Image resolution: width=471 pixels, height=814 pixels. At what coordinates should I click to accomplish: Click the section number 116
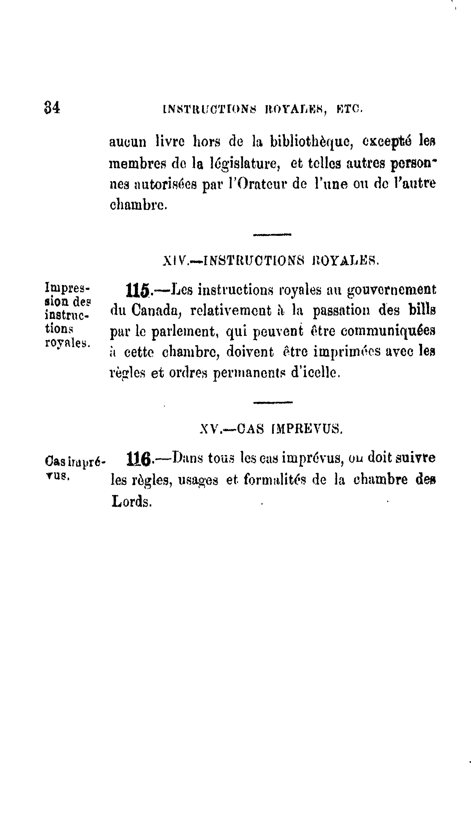pyautogui.click(x=139, y=459)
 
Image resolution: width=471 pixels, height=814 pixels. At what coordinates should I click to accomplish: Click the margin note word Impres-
pyautogui.click(x=67, y=287)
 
